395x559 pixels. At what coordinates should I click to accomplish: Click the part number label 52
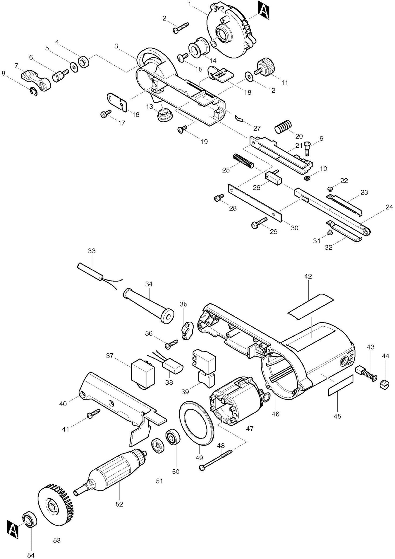pos(119,505)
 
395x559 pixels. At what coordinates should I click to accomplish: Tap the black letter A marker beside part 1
pos(263,11)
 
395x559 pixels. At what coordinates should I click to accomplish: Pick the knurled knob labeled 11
pos(266,66)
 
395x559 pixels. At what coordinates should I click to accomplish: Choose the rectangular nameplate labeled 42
pos(310,304)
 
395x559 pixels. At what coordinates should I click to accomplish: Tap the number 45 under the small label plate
pos(337,416)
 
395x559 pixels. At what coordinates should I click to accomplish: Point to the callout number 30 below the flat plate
pos(294,228)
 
